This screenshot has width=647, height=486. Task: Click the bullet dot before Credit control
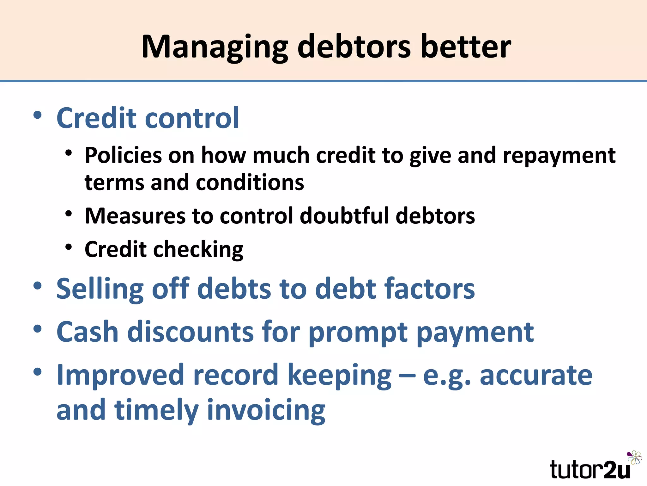pyautogui.click(x=37, y=115)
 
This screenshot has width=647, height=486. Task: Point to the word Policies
pyautogui.click(x=124, y=155)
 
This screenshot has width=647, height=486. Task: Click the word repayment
pyautogui.click(x=559, y=156)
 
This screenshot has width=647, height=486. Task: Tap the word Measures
pyautogui.click(x=135, y=216)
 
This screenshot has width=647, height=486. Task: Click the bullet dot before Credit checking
pyautogui.click(x=69, y=247)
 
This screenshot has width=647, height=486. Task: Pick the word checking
pyautogui.click(x=198, y=250)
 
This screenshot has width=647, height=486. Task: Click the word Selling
pyautogui.click(x=100, y=289)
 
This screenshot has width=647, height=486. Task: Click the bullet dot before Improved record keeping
pyautogui.click(x=37, y=372)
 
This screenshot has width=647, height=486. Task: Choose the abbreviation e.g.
pyautogui.click(x=447, y=376)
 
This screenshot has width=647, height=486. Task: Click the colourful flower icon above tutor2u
pyautogui.click(x=635, y=458)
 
